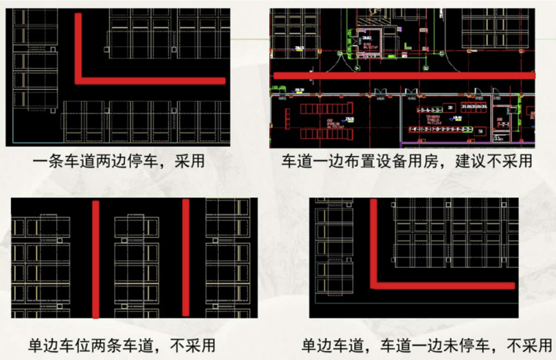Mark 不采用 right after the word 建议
click(x=514, y=161)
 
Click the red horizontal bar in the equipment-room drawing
click(x=402, y=75)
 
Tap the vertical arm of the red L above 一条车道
click(x=78, y=44)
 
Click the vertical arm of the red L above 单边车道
click(x=372, y=241)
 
